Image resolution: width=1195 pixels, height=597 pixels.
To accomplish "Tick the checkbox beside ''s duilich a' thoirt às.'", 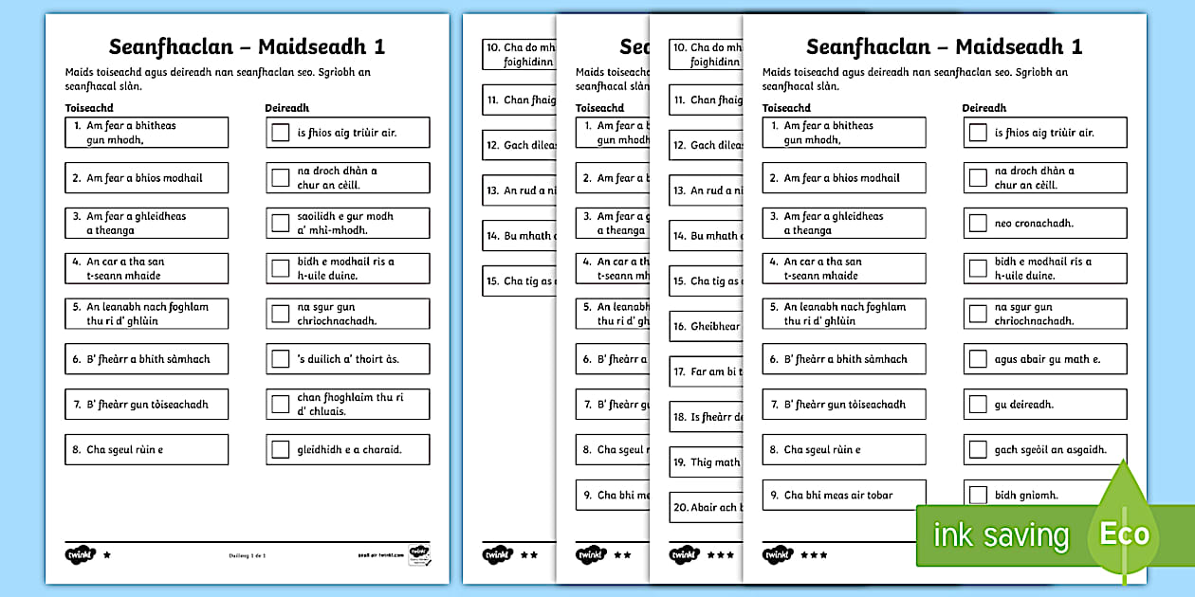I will click(280, 359).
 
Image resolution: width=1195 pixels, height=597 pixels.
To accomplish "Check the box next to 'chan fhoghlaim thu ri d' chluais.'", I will click(280, 405).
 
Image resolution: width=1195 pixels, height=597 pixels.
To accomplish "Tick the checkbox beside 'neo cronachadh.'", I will click(978, 224).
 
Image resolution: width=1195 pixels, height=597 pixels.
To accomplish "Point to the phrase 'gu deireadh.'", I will click(1024, 405).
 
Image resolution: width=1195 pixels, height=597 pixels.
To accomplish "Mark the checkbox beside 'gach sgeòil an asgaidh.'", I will click(978, 450).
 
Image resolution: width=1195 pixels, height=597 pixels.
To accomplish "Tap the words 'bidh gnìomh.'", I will click(1026, 495).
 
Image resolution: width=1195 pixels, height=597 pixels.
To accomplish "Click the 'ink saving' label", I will click(1002, 535).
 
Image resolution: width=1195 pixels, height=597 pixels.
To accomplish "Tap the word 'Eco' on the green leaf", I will click(1124, 533).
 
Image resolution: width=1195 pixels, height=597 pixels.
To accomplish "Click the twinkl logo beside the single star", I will click(80, 553).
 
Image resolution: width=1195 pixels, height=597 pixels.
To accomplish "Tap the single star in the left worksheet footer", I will click(106, 554).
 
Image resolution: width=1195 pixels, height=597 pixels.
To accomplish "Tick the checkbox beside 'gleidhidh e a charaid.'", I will click(280, 450).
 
